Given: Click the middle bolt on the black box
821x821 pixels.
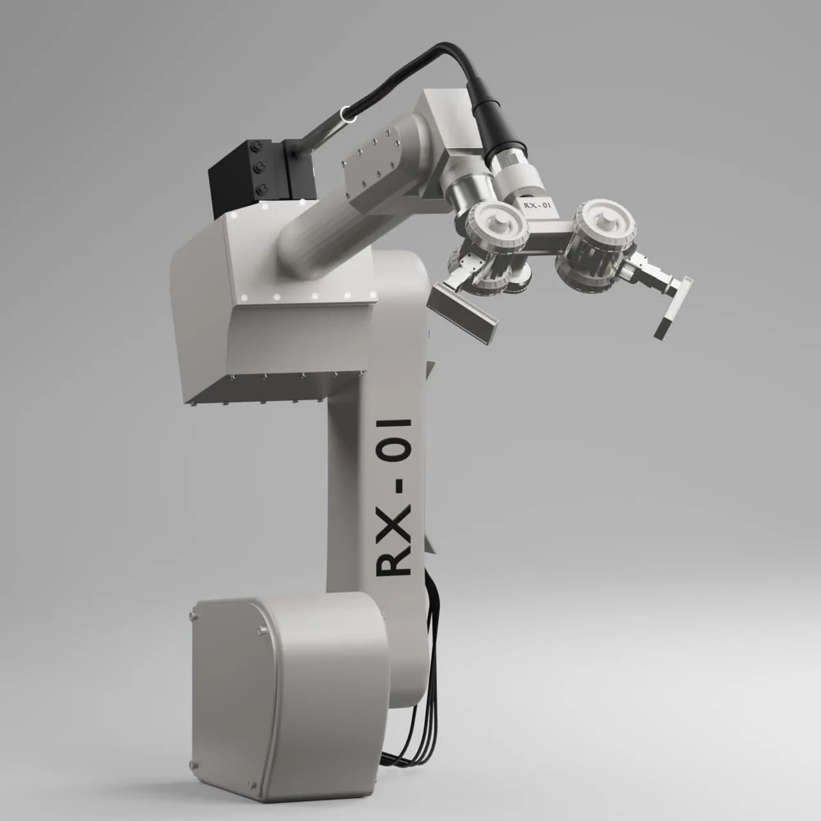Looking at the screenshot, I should click(260, 168).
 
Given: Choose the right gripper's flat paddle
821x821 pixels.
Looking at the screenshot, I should click(673, 307).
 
